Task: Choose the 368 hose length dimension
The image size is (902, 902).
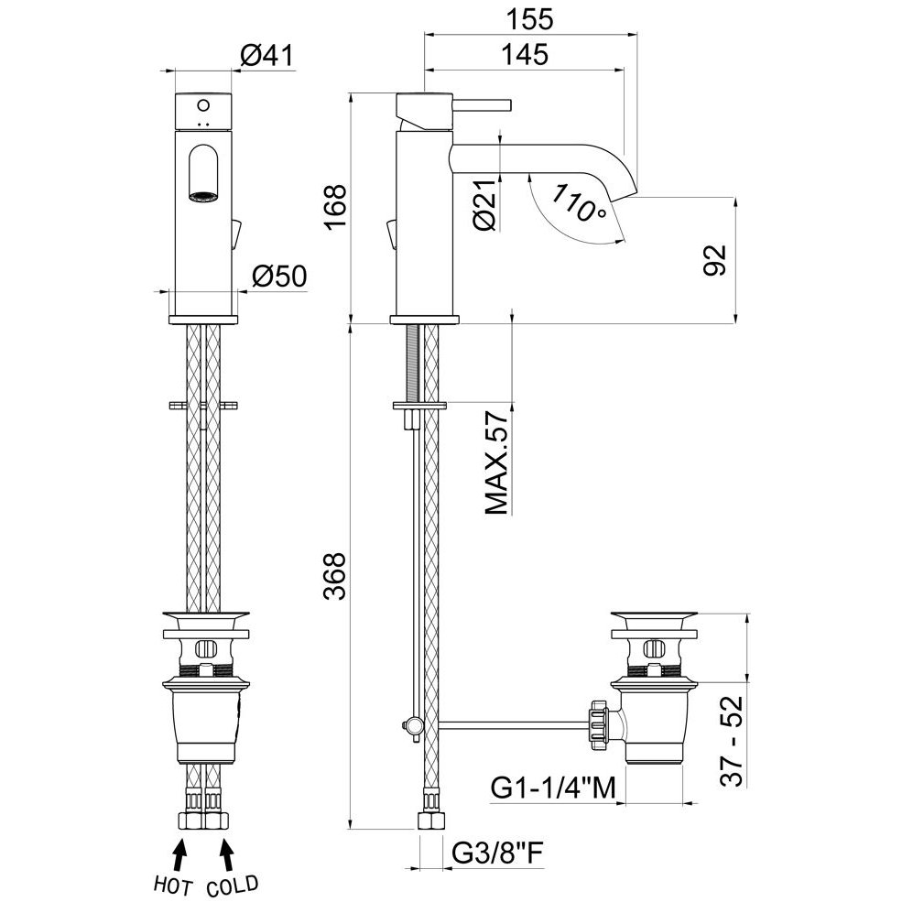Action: point(337,575)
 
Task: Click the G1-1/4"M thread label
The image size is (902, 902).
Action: point(550,788)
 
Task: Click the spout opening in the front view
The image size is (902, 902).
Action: point(203,194)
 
